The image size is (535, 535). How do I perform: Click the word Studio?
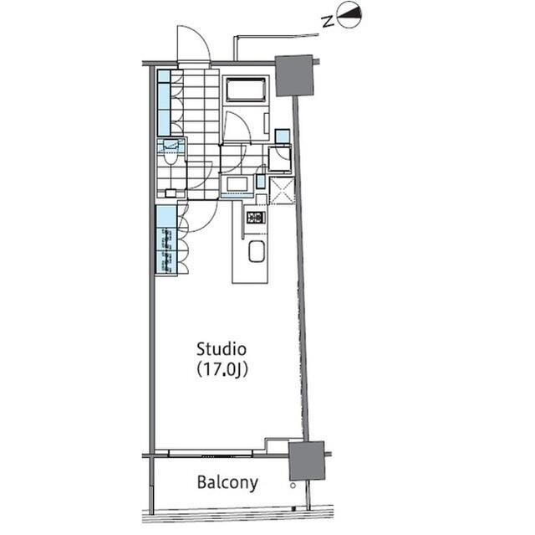click(221, 349)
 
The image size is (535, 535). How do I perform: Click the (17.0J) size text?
click(222, 370)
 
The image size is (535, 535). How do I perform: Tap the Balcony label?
click(227, 483)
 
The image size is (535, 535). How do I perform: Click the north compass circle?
click(349, 15)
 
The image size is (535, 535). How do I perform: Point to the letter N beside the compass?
click(328, 22)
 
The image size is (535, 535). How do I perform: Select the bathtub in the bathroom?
click(245, 90)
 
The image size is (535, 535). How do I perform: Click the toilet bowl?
click(170, 157)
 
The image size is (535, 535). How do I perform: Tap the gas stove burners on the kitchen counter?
click(256, 218)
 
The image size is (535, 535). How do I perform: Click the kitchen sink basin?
click(257, 251)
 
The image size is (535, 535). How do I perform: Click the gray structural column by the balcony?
click(307, 460)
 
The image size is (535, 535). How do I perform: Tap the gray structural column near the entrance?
click(294, 75)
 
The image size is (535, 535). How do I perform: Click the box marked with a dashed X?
click(282, 191)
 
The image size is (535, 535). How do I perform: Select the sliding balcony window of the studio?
click(210, 453)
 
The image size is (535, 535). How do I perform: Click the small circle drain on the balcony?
click(293, 486)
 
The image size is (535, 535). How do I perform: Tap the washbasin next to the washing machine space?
click(237, 184)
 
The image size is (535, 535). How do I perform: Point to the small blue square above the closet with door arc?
click(283, 136)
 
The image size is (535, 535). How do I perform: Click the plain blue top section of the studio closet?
click(166, 216)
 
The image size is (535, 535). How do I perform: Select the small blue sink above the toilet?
click(171, 145)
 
